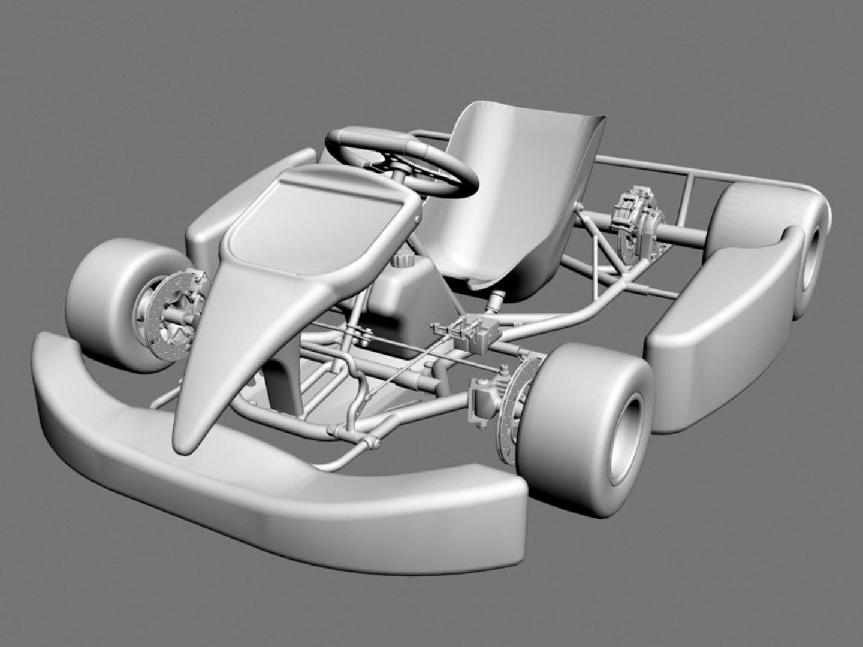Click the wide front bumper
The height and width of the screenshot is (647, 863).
[x=270, y=491]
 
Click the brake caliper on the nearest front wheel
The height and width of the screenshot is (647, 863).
[x=482, y=401]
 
